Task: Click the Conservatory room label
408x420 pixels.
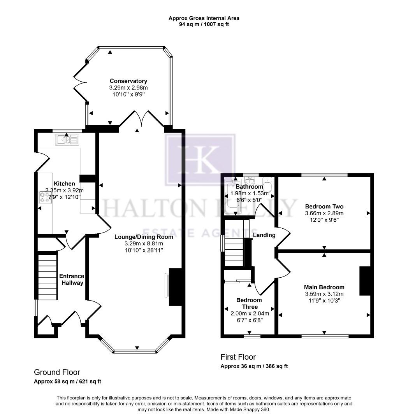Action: [128, 81]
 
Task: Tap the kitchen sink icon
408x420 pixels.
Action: [67, 139]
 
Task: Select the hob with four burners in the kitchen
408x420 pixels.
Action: [45, 197]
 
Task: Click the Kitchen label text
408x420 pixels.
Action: [64, 184]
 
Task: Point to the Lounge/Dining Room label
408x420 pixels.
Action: [144, 236]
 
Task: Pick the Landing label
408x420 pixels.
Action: [264, 235]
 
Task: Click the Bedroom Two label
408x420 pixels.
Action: [324, 206]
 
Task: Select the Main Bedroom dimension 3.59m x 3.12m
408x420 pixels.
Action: [324, 294]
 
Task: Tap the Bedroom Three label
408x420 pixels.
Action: [249, 303]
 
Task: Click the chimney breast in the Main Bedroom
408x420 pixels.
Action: [364, 281]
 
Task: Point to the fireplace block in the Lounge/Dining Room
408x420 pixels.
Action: [176, 287]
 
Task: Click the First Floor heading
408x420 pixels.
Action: [238, 357]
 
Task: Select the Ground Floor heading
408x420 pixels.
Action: [57, 372]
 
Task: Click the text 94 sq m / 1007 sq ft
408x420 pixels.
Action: [204, 23]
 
